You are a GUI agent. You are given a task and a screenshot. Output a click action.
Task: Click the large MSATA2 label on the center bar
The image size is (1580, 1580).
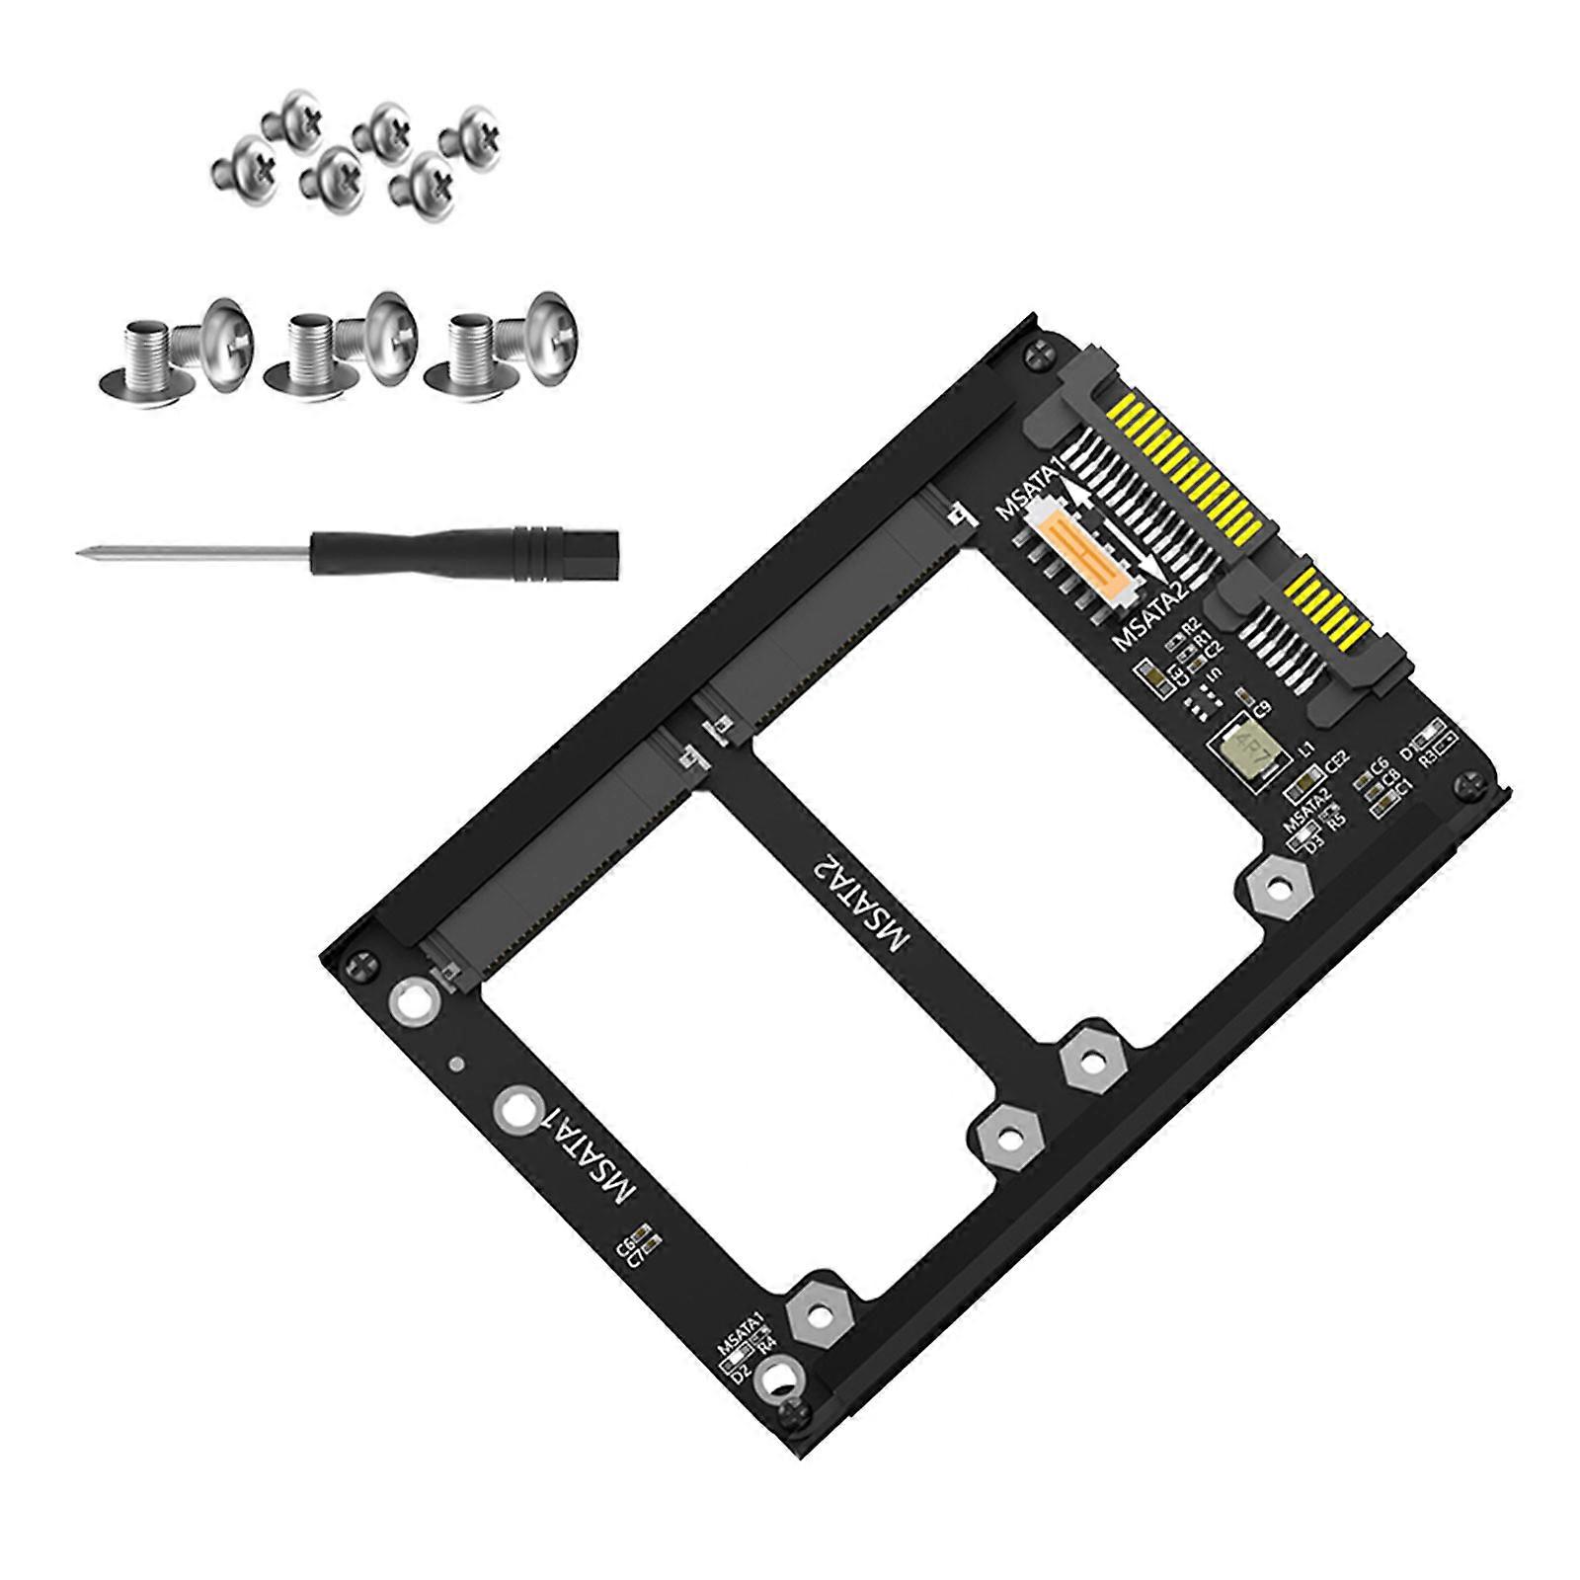pyautogui.click(x=858, y=899)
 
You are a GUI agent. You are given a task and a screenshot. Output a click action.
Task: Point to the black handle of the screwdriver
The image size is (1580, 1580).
pyautogui.click(x=463, y=547)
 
